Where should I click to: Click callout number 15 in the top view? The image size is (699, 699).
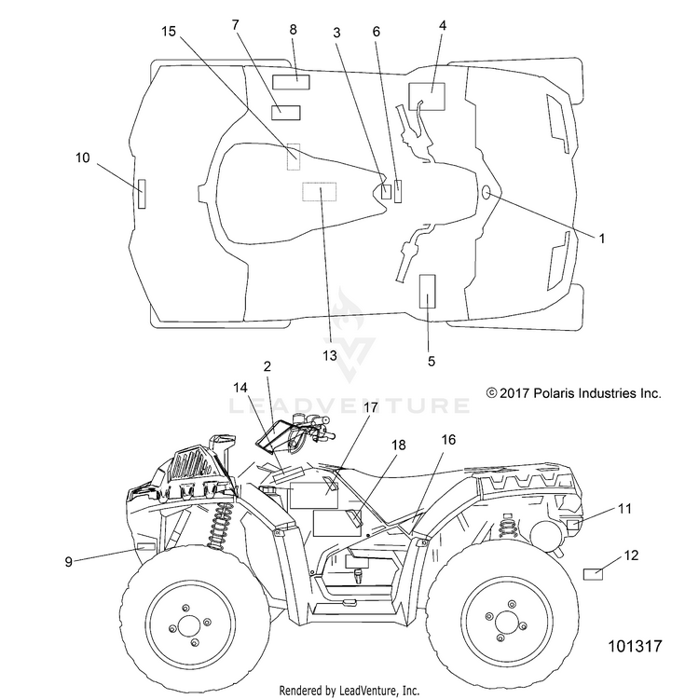169,32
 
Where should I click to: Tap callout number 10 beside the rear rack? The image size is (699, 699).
82,158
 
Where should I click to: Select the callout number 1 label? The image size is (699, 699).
602,239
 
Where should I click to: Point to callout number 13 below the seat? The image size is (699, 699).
330,356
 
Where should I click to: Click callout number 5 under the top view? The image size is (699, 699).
432,361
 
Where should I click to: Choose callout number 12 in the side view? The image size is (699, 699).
631,555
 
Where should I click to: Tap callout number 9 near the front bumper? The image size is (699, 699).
68,562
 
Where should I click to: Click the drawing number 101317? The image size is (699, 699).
636,646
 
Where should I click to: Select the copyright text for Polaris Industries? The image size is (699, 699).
573,393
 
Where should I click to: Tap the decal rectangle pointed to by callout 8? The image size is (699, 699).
291,82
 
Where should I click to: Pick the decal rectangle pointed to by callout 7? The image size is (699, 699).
286,113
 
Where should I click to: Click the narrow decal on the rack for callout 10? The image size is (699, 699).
142,194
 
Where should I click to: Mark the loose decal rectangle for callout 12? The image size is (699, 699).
593,574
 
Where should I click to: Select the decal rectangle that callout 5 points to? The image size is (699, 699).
428,291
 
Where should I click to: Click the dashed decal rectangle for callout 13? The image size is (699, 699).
319,192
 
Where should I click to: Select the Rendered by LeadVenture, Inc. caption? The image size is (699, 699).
349,691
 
